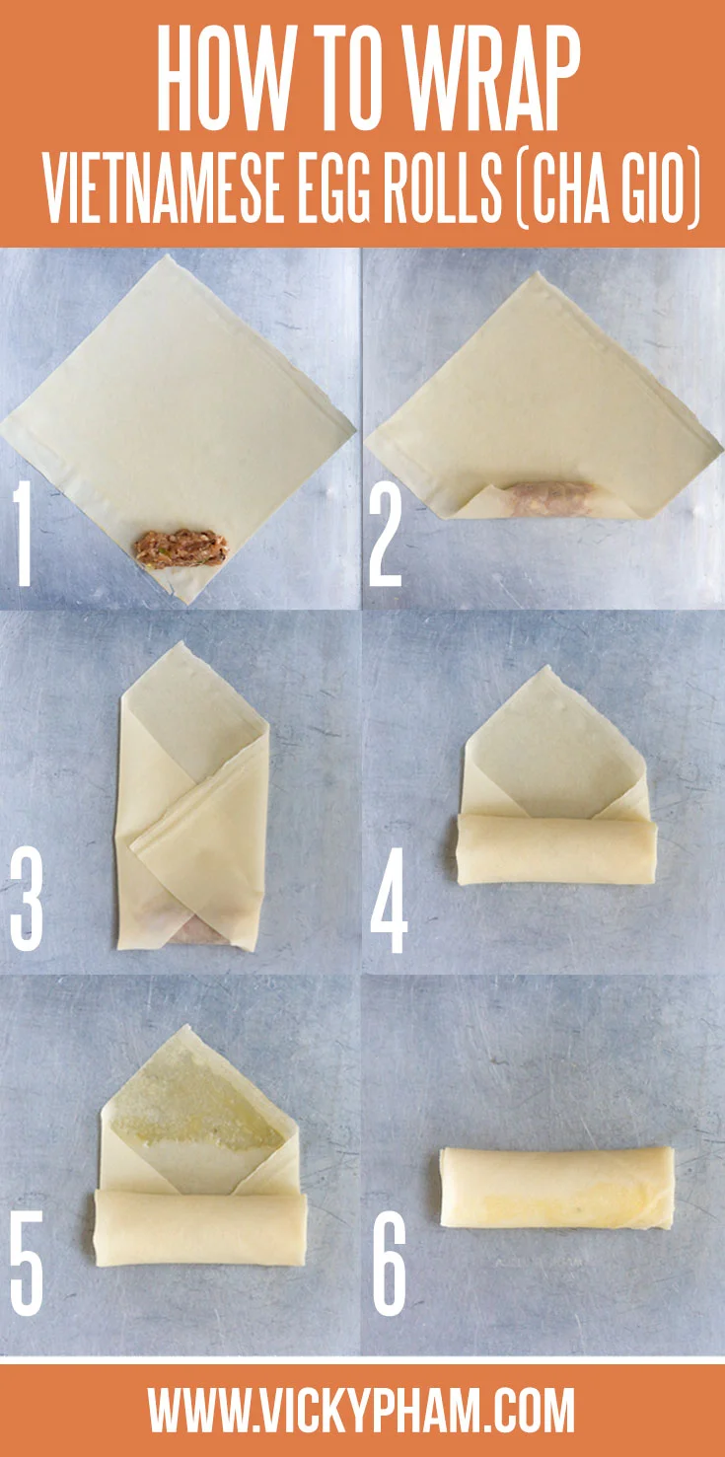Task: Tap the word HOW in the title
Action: [215, 79]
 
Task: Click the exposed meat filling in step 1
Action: [181, 549]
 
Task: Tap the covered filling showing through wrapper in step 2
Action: [550, 498]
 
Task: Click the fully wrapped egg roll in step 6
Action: [557, 1189]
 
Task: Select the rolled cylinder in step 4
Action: [556, 849]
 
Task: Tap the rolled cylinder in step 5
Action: [200, 1227]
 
